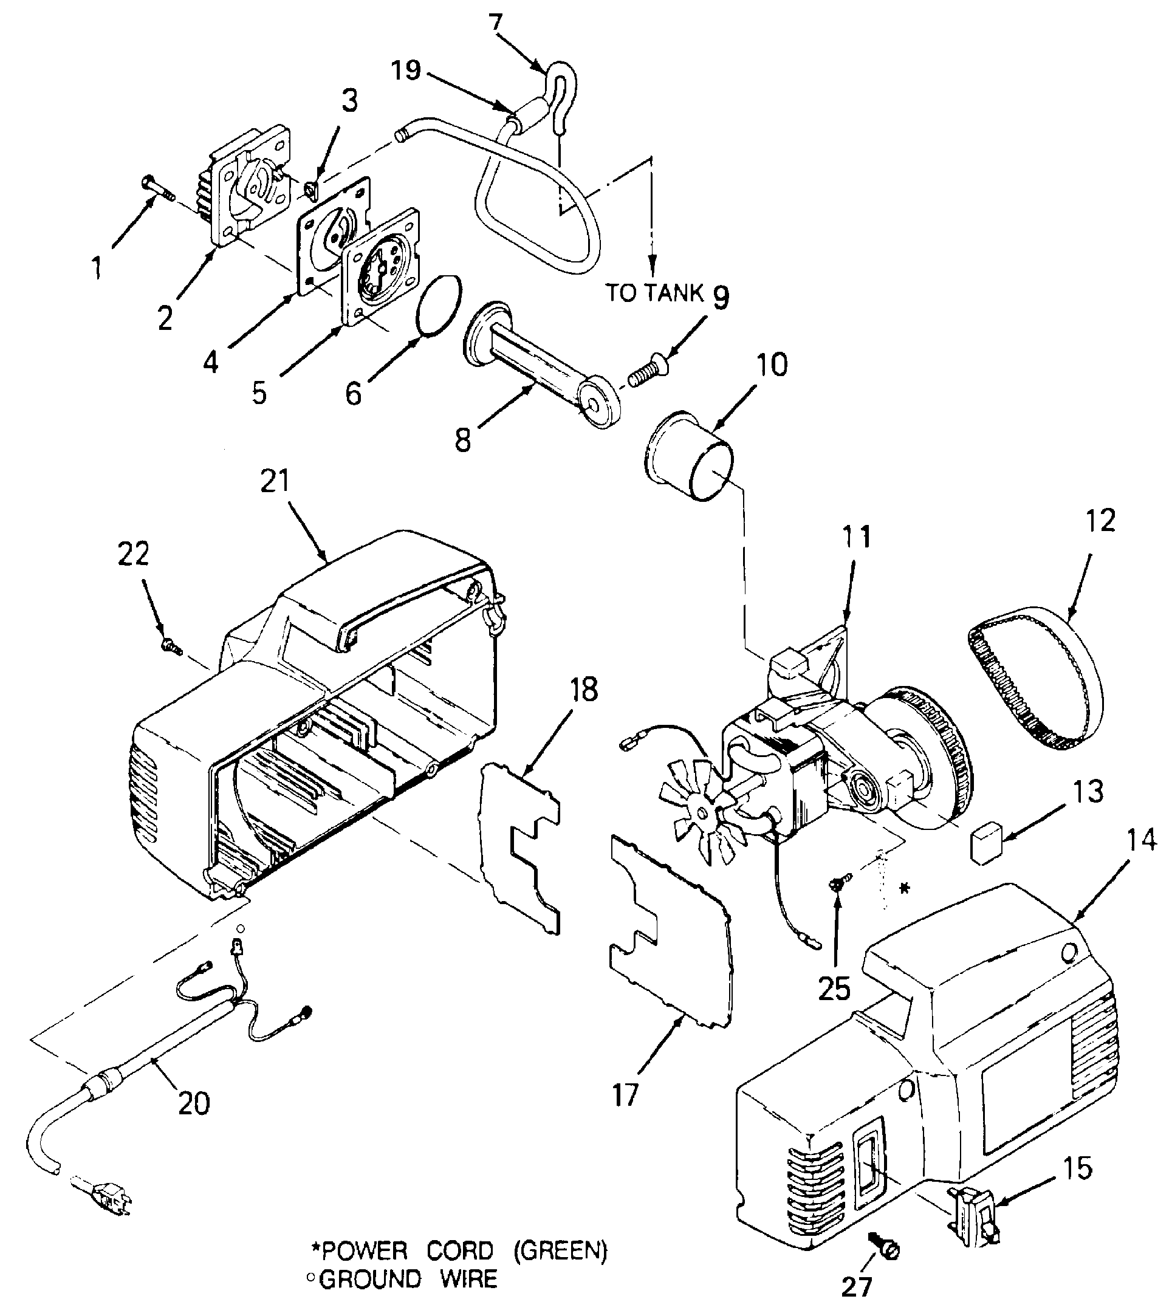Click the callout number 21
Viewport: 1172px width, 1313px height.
[276, 481]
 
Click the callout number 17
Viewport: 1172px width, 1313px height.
[625, 1094]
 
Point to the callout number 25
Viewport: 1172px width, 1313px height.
[834, 988]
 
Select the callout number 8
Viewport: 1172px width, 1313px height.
[462, 441]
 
